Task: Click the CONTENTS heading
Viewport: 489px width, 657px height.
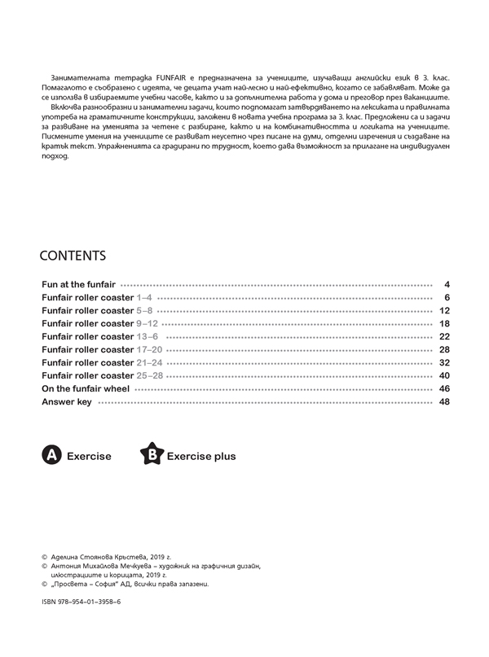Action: tap(73, 256)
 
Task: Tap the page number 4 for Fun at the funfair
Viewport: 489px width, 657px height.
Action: tap(447, 284)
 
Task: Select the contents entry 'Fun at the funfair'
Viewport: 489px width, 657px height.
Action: tap(78, 284)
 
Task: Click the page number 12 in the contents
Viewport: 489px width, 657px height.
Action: tap(444, 310)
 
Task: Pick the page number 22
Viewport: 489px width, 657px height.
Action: tap(444, 336)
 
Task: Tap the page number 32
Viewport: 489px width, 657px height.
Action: tap(444, 362)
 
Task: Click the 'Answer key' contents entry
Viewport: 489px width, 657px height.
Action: tap(66, 401)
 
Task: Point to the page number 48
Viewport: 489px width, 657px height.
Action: tap(444, 401)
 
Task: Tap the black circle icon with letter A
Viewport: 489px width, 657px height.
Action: tap(51, 456)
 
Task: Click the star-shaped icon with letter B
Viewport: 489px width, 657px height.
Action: tap(152, 455)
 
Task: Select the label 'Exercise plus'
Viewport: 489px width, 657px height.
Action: tap(201, 457)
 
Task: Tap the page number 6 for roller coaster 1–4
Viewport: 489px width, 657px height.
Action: tap(447, 297)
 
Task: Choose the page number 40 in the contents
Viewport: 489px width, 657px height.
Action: tap(444, 375)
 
